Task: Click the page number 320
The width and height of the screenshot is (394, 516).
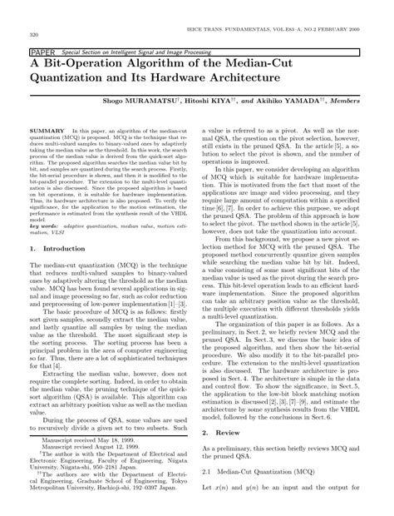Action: coord(34,35)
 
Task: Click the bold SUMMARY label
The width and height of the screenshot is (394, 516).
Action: coord(47,131)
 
